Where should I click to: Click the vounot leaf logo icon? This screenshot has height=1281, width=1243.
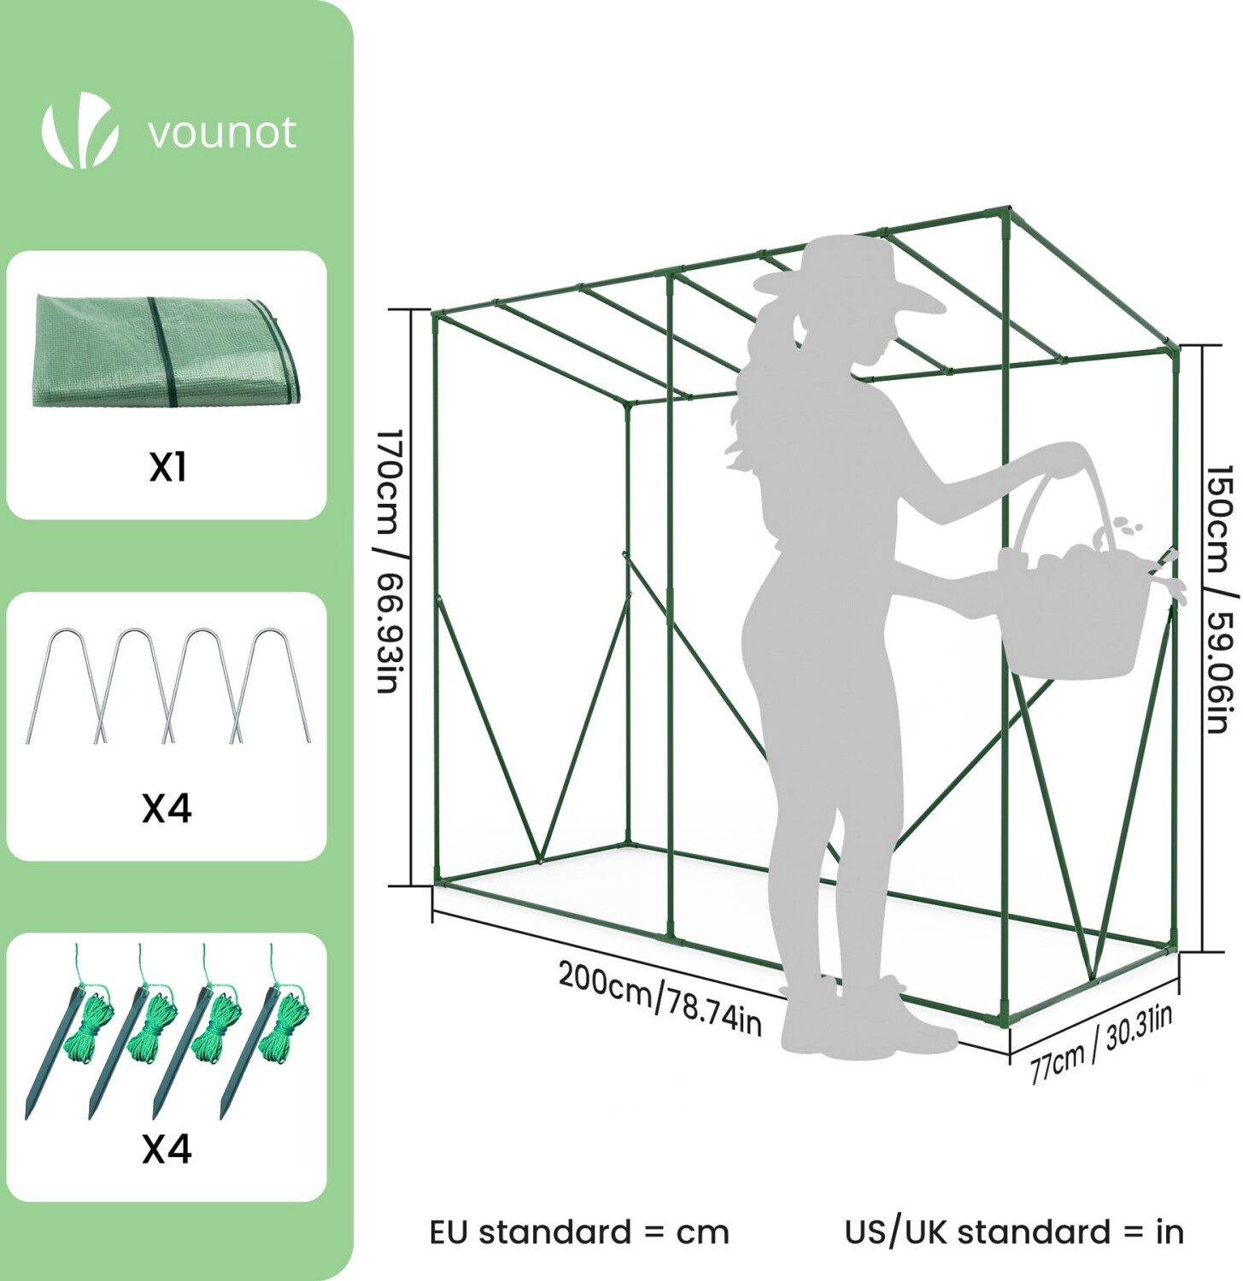point(80,132)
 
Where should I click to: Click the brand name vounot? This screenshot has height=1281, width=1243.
point(221,133)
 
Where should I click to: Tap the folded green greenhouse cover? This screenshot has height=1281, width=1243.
point(167,352)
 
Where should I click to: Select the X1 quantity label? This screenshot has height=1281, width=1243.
point(167,466)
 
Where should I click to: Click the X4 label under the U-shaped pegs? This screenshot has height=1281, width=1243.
point(167,807)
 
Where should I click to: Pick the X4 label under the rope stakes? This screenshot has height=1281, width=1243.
point(167,1149)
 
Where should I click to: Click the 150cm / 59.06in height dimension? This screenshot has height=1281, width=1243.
point(1219,598)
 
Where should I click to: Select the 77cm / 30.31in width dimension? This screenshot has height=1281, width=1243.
point(1101,1043)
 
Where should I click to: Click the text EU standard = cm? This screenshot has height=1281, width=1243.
point(579,1232)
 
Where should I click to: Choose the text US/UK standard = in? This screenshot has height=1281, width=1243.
point(1014,1232)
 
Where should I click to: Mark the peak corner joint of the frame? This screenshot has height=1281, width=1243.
point(1008,210)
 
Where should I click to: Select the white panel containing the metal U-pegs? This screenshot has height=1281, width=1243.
point(167,726)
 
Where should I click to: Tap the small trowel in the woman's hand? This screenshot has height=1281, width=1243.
point(1166,568)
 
